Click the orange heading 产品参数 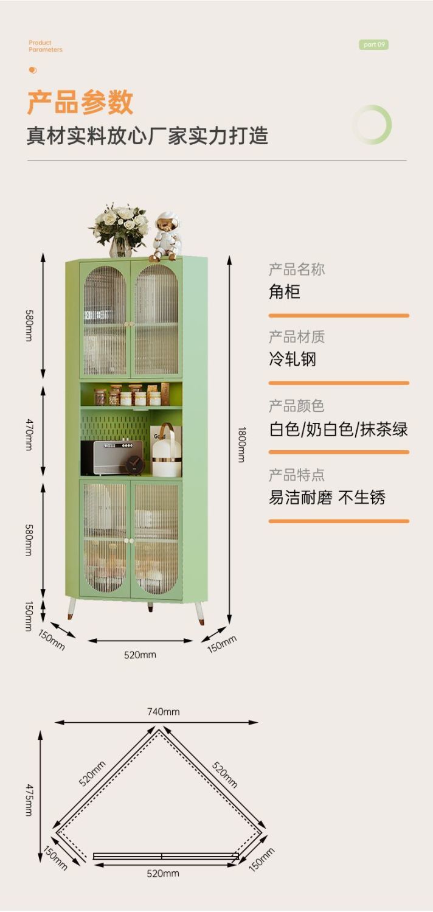(80, 102)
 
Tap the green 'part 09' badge (373, 44)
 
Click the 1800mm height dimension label (241, 444)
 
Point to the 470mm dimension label (29, 433)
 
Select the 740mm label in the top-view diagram (163, 711)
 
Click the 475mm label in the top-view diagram (29, 799)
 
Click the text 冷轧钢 (293, 359)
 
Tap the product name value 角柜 (285, 291)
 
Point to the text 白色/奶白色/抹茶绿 (338, 429)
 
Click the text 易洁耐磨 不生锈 (327, 498)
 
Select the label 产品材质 (297, 336)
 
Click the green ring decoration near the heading (372, 125)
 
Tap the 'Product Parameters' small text (45, 46)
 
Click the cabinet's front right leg (199, 611)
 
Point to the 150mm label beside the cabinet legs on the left (29, 616)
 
